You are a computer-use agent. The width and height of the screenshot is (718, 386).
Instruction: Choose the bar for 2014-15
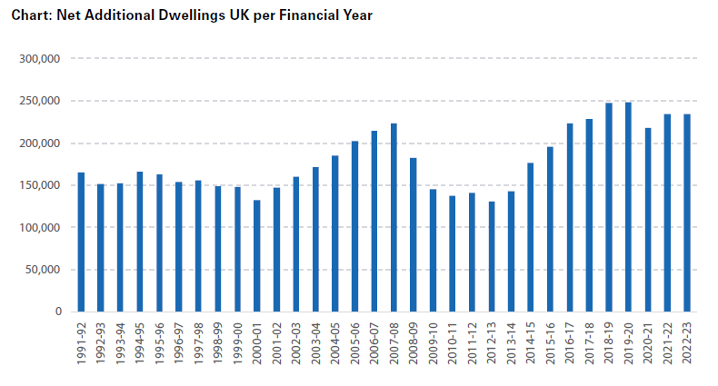tap(531, 237)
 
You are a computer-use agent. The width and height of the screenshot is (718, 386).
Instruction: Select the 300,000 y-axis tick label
tap(40, 59)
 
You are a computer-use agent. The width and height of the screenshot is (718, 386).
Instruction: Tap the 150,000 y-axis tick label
tap(40, 185)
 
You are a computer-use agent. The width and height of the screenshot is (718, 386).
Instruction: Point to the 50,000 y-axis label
tap(43, 270)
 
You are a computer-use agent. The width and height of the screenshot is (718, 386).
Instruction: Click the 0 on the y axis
tap(56, 312)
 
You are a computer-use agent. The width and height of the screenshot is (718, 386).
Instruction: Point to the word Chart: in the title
tap(29, 16)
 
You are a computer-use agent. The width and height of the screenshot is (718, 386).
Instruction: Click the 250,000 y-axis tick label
tap(40, 101)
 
